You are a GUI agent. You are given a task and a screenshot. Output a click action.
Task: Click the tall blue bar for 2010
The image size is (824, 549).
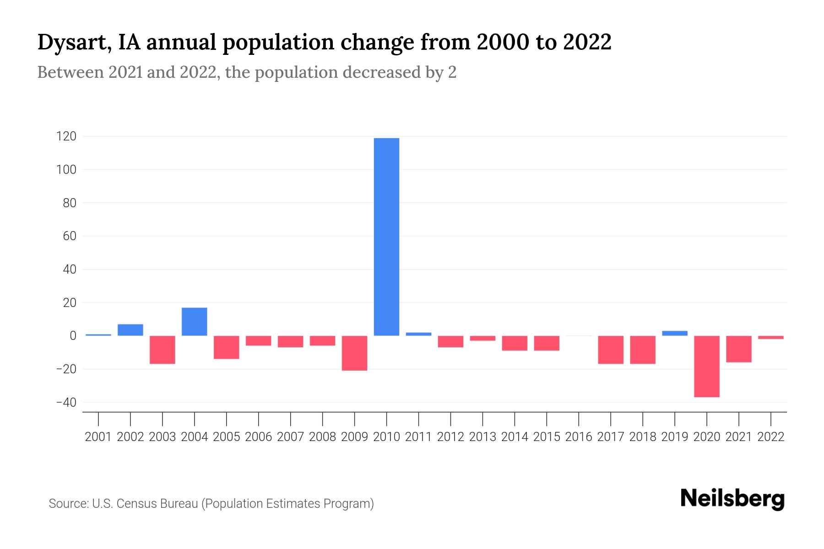(386, 237)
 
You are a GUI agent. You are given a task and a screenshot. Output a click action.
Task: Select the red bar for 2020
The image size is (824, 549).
(707, 366)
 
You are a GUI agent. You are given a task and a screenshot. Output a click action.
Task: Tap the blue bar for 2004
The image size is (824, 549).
(195, 322)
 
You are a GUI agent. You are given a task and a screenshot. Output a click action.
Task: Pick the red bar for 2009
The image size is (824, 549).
(355, 353)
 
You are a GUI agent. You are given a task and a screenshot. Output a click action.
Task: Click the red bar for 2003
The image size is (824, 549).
(163, 350)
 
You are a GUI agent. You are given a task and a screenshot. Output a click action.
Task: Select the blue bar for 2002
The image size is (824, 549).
(130, 330)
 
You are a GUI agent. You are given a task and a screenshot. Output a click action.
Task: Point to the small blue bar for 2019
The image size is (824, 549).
(675, 333)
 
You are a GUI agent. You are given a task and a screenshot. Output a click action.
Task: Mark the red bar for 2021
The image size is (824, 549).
(739, 349)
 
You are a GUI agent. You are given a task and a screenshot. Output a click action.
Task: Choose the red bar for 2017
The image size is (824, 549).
(611, 350)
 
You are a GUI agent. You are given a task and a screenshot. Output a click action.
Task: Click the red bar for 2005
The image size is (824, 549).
(227, 347)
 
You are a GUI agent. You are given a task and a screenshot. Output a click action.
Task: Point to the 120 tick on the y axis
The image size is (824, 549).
(67, 136)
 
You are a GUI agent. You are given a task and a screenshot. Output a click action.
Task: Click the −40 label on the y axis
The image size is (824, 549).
(66, 403)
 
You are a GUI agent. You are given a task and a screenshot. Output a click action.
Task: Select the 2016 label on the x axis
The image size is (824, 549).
(579, 437)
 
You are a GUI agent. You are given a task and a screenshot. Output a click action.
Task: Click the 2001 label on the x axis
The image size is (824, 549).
(98, 437)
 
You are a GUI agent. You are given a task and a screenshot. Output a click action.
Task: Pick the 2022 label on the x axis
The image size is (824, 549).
(771, 437)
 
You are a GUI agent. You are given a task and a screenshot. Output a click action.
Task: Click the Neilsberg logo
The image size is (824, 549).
(732, 499)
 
